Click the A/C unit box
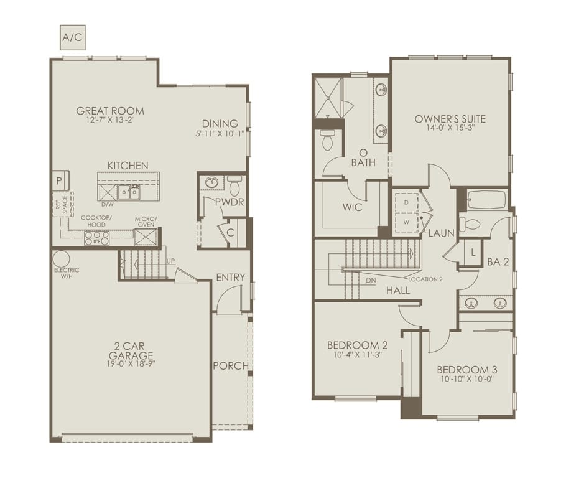tap(72, 37)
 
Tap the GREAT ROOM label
tap(110, 111)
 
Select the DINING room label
tap(220, 123)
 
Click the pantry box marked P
tap(60, 180)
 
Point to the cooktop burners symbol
tap(96, 238)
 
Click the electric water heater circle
tap(60, 258)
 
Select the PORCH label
tap(230, 366)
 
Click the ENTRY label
tap(231, 277)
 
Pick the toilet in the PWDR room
tap(235, 185)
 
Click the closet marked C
tap(230, 233)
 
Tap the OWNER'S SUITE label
tap(450, 119)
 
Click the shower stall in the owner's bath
tap(327, 96)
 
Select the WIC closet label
tap(353, 207)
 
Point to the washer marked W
tap(407, 221)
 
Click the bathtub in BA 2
tap(486, 200)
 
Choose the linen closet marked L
tap(473, 252)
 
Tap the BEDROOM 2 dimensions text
tap(353, 355)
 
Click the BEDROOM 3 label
tap(466, 369)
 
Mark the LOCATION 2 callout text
tap(425, 279)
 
